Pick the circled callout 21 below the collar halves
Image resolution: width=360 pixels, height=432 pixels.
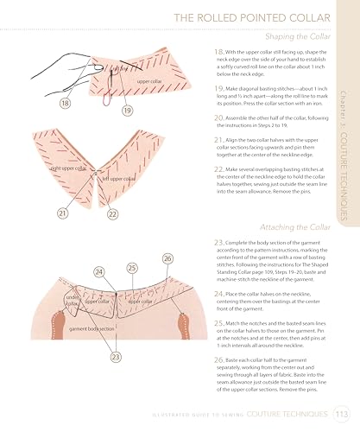click(40, 213)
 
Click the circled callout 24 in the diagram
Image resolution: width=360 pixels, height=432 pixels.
click(100, 270)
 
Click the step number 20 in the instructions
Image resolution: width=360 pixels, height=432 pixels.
click(217, 116)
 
